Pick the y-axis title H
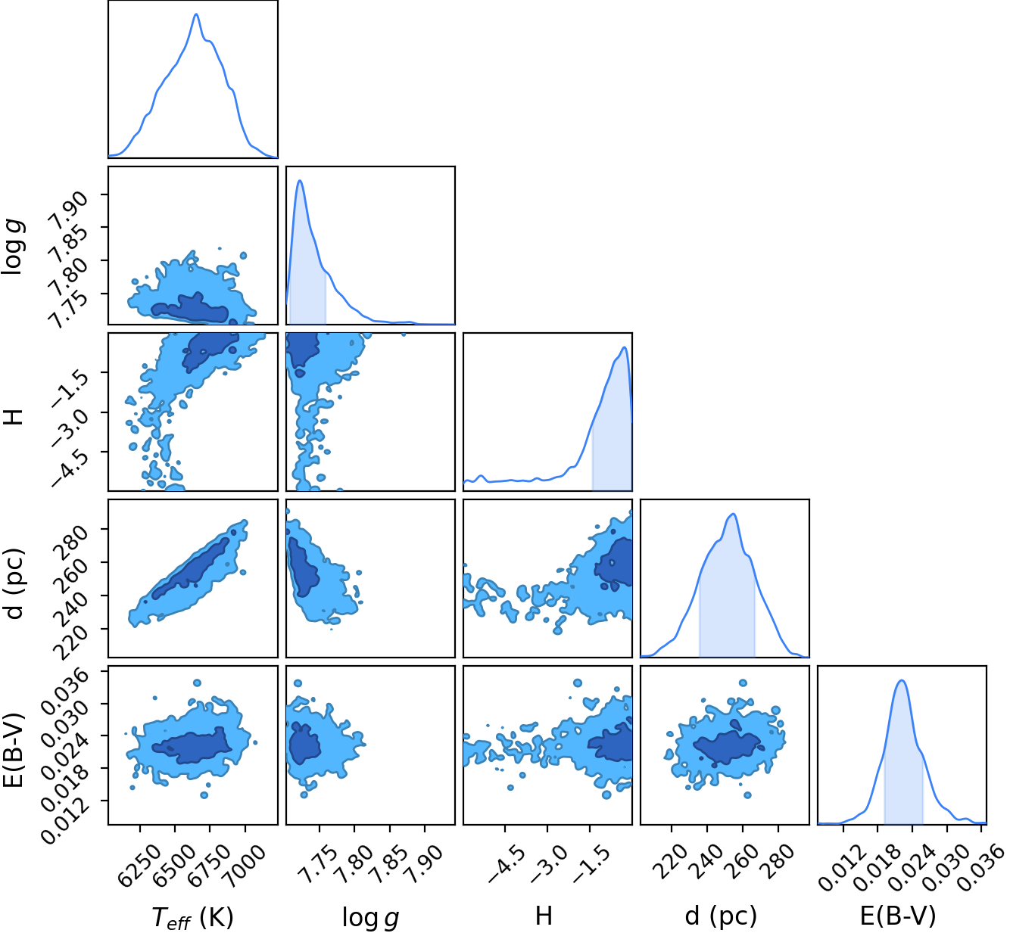coord(13,417)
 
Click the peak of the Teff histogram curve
coord(196,14)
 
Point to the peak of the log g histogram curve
coord(300,180)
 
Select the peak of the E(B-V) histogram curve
coord(901,680)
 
